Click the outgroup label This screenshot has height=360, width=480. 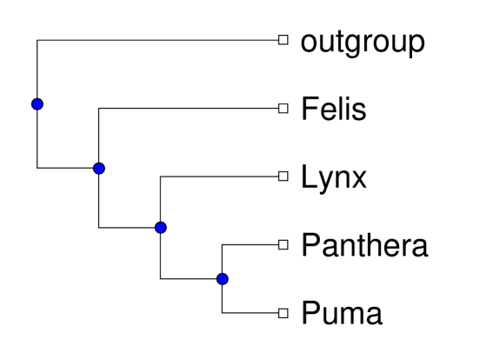tap(363, 41)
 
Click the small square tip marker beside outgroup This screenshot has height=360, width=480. tap(281, 40)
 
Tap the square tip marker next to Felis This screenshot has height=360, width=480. tap(281, 109)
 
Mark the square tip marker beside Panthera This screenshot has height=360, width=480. tap(281, 244)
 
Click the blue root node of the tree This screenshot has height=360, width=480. tap(37, 104)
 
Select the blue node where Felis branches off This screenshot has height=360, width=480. tap(98, 168)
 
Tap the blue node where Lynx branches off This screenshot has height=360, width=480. tap(160, 228)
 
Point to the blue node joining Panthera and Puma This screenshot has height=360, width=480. tap(222, 279)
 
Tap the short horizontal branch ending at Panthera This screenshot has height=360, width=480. tap(250, 244)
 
